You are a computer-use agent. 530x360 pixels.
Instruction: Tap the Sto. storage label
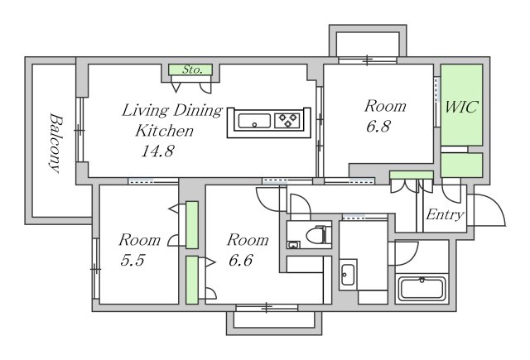coord(192,70)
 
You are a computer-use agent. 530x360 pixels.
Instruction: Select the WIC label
coord(460,107)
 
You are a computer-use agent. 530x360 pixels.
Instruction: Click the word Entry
coord(445,215)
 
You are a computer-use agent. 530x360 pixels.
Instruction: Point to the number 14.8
coord(157,151)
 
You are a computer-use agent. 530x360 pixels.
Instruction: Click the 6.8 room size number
coord(378,127)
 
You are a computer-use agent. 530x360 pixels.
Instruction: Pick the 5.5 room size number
coord(132,261)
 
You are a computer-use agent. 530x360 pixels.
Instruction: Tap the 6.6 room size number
coord(241,261)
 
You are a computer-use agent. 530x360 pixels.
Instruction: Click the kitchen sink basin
coord(254,121)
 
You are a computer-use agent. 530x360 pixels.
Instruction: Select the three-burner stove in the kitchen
coord(287,121)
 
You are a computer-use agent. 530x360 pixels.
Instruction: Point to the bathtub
coord(422,289)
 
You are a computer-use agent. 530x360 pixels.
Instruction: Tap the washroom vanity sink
coord(348,275)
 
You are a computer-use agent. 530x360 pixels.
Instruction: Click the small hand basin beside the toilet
coord(293,245)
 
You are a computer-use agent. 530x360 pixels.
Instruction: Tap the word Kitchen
coord(164,131)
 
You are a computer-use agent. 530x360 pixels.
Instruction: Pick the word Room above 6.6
coord(248,240)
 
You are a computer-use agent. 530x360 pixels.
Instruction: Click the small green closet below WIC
coord(461,166)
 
